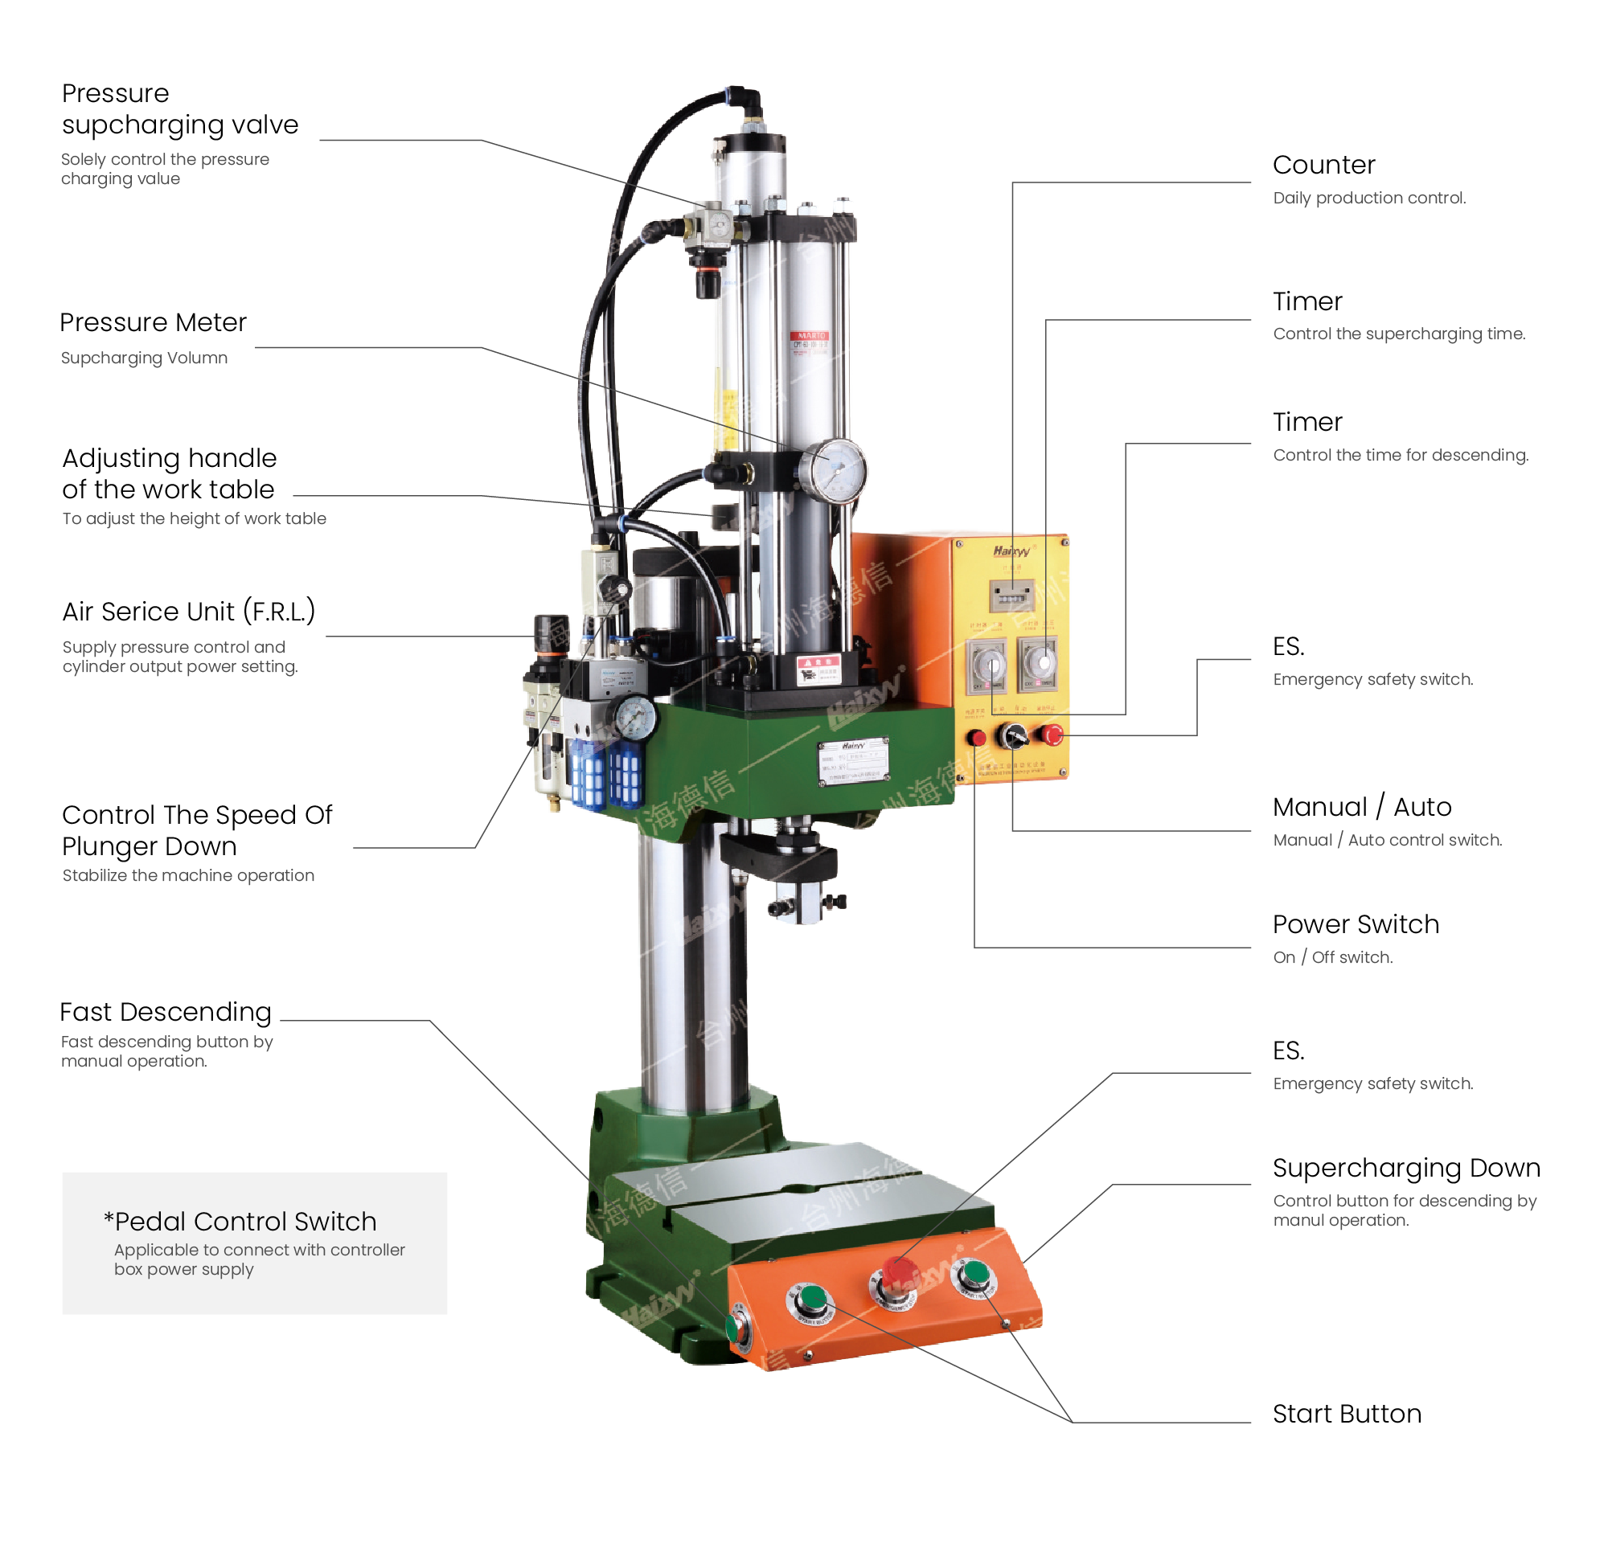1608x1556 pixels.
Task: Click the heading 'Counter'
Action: pyautogui.click(x=1323, y=165)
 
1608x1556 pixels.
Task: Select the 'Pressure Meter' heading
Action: pyautogui.click(x=153, y=322)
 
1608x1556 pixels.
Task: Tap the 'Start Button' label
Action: pyautogui.click(x=1346, y=1413)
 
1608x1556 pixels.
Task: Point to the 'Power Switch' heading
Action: pyautogui.click(x=1356, y=924)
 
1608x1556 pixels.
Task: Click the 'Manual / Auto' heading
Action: pyautogui.click(x=1362, y=807)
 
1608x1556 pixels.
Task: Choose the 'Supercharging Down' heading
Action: pyautogui.click(x=1406, y=1167)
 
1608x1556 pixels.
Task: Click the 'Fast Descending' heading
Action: pyautogui.click(x=165, y=1011)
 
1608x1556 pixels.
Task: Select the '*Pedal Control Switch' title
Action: pyautogui.click(x=240, y=1222)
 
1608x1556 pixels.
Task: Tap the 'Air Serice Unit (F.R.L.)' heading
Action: pyautogui.click(x=188, y=612)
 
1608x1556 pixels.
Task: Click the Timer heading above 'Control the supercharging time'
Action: pyautogui.click(x=1307, y=302)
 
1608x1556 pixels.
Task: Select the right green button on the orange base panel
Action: pyautogui.click(x=974, y=1274)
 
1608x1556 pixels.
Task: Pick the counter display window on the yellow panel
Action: pyautogui.click(x=1011, y=596)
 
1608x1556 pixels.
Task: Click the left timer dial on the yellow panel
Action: pyautogui.click(x=988, y=664)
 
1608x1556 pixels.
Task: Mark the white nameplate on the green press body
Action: pyautogui.click(x=853, y=762)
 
